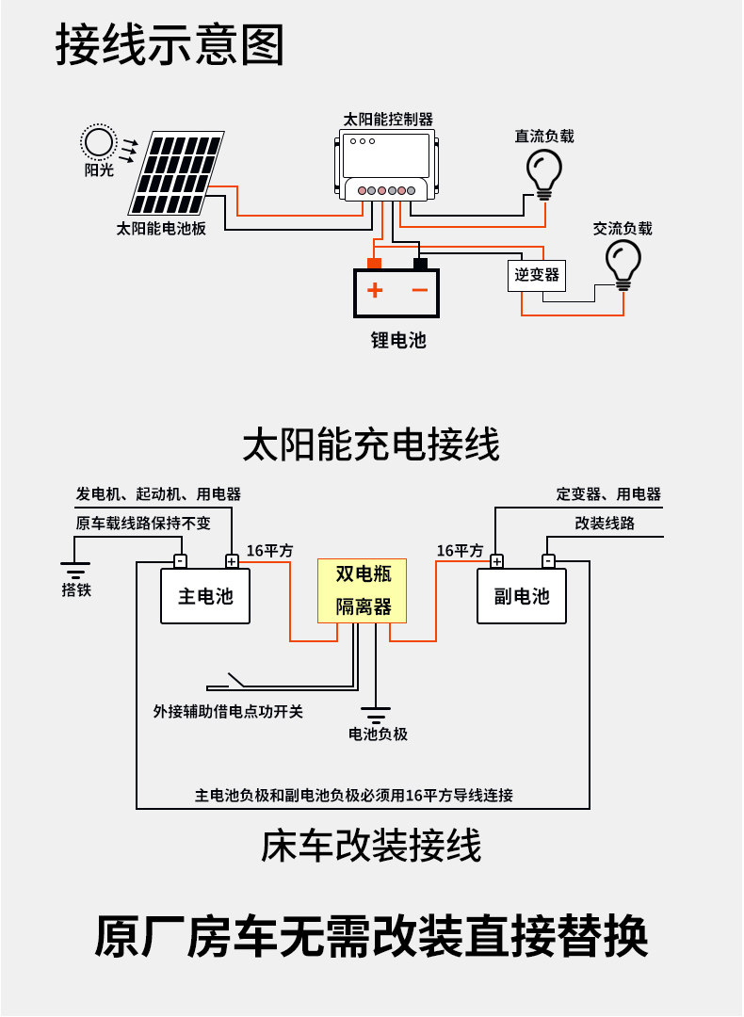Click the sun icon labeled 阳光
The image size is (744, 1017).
97,142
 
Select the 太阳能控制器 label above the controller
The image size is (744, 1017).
388,120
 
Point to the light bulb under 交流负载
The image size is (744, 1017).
623,263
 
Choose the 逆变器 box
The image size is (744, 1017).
537,275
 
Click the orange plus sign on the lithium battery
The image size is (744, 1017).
375,290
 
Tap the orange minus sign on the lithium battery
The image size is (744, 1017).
420,290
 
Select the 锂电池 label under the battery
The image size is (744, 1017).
398,340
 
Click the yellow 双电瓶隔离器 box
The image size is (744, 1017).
363,590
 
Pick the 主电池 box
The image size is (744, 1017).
205,596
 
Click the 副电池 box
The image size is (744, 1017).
522,596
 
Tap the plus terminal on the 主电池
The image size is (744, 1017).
232,561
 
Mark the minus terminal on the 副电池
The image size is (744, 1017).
548,561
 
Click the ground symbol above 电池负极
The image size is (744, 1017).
376,713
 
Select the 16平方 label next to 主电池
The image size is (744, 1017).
270,551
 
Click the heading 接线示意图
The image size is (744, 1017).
170,45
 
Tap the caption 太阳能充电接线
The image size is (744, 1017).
371,444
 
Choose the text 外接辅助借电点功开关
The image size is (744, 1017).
228,712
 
